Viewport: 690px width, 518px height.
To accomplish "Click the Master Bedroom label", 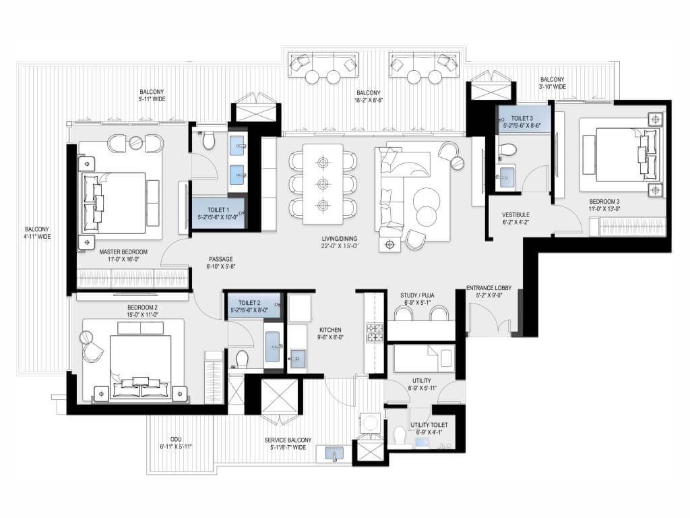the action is tap(123, 252).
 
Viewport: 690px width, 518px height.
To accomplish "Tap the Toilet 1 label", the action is tap(218, 210).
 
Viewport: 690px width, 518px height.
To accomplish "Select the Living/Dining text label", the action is tap(340, 239).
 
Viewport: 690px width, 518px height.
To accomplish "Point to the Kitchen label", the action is tap(330, 330).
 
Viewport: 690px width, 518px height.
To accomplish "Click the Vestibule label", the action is tap(515, 215).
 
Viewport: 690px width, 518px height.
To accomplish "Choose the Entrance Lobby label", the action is tap(489, 288).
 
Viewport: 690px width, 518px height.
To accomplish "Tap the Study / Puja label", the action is tap(417, 295).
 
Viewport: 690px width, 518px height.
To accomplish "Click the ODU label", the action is tap(176, 440).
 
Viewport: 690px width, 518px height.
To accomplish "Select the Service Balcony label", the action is tap(288, 440).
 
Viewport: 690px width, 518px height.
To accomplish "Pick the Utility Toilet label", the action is tap(429, 425).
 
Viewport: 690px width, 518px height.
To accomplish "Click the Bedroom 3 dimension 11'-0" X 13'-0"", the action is tap(604, 209).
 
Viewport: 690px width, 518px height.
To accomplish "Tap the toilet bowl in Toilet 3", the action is tap(508, 150).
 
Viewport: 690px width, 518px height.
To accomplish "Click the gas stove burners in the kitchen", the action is tap(375, 333).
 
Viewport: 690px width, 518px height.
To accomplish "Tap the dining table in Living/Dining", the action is tap(323, 183).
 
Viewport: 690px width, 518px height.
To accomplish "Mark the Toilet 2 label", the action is tap(249, 303).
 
